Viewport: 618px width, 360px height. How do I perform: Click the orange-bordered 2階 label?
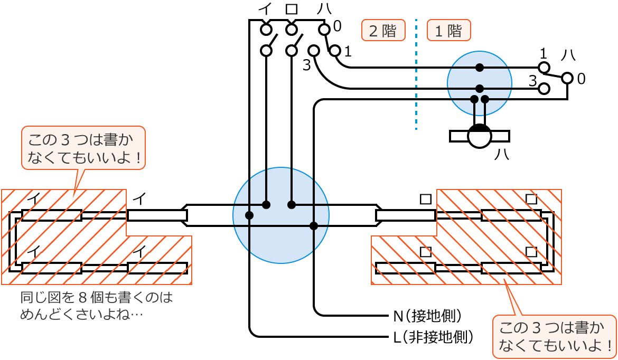pyautogui.click(x=383, y=31)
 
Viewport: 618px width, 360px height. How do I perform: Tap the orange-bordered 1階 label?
pyautogui.click(x=448, y=31)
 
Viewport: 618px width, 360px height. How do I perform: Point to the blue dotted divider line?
pyautogui.click(x=416, y=74)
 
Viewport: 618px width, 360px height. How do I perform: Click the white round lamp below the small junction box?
pyautogui.click(x=480, y=136)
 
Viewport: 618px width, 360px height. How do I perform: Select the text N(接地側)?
pyautogui.click(x=428, y=316)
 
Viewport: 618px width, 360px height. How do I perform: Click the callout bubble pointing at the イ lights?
pyautogui.click(x=82, y=148)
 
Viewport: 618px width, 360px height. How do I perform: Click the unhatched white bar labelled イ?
pyautogui.click(x=157, y=215)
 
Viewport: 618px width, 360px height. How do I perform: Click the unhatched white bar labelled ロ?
pyautogui.click(x=405, y=215)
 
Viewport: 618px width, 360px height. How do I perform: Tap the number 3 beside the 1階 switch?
pyautogui.click(x=532, y=81)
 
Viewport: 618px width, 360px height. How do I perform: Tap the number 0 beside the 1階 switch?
pyautogui.click(x=581, y=79)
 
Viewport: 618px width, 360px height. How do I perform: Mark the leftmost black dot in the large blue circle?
pyautogui.click(x=249, y=215)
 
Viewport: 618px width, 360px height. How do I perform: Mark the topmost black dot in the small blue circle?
pyautogui.click(x=479, y=67)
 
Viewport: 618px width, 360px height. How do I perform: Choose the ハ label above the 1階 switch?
pyautogui.click(x=568, y=54)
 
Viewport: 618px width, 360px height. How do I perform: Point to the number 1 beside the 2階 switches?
pyautogui.click(x=347, y=51)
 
